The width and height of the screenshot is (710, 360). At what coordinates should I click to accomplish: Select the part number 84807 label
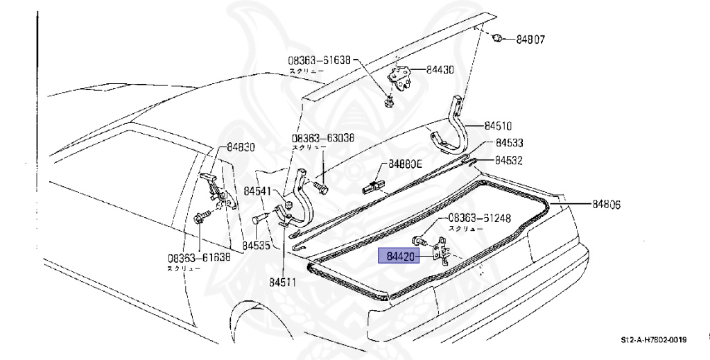click(x=530, y=40)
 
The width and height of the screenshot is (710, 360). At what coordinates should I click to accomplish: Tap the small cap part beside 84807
click(x=496, y=37)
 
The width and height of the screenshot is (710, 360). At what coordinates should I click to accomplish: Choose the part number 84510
click(x=498, y=126)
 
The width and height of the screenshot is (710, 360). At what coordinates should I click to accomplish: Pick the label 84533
click(x=509, y=143)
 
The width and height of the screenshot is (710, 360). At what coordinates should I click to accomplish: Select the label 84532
click(x=509, y=160)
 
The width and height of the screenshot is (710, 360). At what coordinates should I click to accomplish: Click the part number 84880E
click(x=405, y=164)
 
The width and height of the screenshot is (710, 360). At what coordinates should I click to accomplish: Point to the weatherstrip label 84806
click(x=606, y=205)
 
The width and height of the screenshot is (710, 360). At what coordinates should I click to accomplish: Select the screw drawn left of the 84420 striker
click(x=419, y=241)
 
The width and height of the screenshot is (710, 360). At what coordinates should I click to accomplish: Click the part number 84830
click(x=241, y=147)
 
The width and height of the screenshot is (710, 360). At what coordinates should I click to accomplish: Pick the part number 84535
click(x=257, y=246)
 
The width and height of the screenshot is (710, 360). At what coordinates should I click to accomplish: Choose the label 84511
click(x=284, y=282)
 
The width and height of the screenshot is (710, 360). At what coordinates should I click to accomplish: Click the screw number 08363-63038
click(x=322, y=138)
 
